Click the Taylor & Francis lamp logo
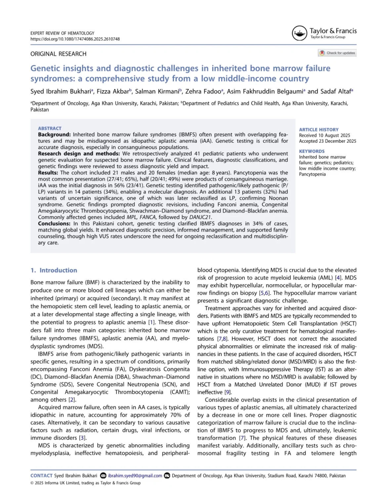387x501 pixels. [299, 33]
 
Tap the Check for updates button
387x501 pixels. [337, 53]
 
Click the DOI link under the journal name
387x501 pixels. [75, 39]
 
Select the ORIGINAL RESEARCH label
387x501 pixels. [59, 54]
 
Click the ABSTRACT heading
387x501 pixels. [50, 128]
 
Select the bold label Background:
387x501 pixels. [54, 135]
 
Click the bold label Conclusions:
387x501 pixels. [54, 224]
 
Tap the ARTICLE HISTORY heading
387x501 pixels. [319, 130]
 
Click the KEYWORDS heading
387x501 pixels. [312, 151]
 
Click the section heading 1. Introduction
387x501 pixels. [54, 270]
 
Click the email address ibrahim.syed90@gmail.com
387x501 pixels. [135, 476]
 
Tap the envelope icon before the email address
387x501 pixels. [103, 476]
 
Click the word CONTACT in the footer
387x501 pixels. [41, 476]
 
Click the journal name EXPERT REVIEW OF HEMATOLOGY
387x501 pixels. [62, 33]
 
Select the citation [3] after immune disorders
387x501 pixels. [82, 438]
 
